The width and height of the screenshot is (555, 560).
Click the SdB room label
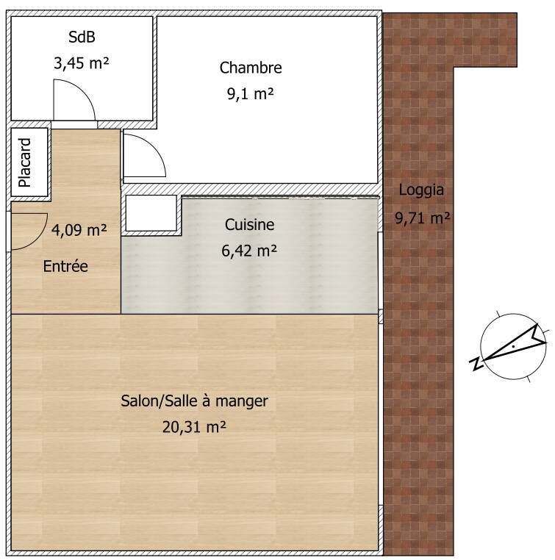(x=82, y=37)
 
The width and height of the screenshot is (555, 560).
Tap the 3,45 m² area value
(x=82, y=63)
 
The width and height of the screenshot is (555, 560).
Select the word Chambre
(x=251, y=68)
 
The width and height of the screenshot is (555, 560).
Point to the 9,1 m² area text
(x=251, y=94)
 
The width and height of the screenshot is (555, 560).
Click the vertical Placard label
(x=25, y=162)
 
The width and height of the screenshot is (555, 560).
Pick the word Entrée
(x=65, y=267)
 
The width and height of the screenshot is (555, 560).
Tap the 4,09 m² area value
(x=79, y=230)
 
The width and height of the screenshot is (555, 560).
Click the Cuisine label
(x=250, y=225)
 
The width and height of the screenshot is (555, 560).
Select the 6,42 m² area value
(x=249, y=251)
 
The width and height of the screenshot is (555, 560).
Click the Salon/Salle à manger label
(x=194, y=401)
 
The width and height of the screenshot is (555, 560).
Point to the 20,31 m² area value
(x=194, y=427)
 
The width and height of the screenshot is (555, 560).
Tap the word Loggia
(x=421, y=190)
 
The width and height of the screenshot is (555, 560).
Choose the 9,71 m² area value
(x=422, y=218)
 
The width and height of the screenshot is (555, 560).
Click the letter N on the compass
(x=476, y=364)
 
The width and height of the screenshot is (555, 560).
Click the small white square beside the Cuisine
(x=151, y=213)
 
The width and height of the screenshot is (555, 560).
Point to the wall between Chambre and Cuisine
(x=251, y=189)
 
